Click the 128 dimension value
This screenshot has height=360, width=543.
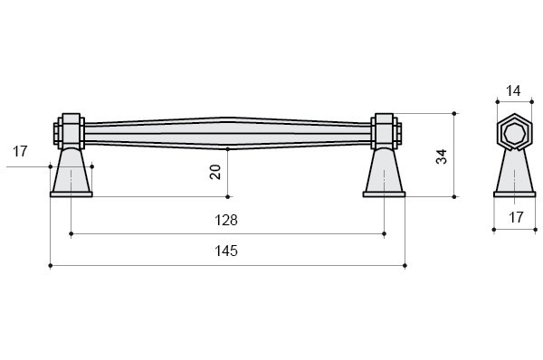tap(226, 220)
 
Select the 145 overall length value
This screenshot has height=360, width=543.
tap(226, 251)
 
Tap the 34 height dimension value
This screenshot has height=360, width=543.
tap(442, 156)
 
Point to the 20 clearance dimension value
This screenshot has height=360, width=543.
tap(215, 172)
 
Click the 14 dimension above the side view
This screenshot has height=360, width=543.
tap(513, 91)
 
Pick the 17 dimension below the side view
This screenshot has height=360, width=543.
tap(516, 217)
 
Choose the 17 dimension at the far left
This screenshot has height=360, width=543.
tap(20, 151)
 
